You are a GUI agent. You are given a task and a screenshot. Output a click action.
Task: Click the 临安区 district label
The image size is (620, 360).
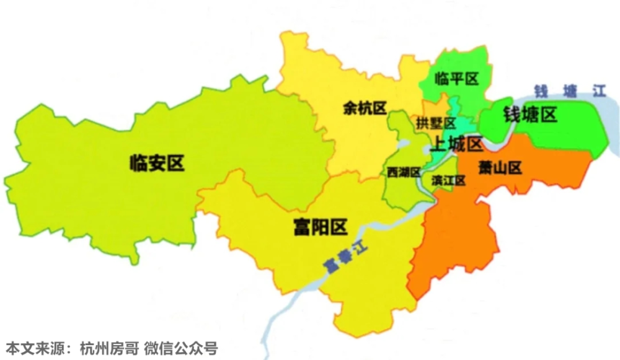(157, 163)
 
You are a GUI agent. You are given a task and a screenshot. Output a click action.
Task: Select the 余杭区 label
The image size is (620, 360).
(365, 108)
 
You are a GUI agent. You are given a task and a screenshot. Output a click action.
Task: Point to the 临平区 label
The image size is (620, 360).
(457, 79)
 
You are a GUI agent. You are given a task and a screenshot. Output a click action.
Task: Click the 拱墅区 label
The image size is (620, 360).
(436, 123)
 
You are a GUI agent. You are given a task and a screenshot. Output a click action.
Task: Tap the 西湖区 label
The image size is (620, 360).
(403, 172)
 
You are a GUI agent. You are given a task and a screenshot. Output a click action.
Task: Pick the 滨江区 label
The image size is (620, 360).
(448, 180)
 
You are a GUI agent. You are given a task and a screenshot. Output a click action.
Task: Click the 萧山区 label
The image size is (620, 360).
(499, 167)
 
